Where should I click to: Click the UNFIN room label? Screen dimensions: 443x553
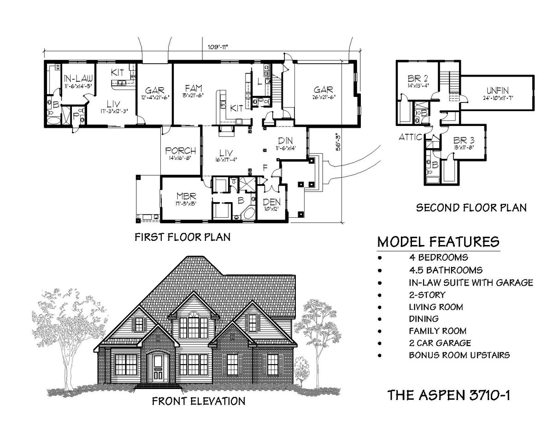click(499, 90)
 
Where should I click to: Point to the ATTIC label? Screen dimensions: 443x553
click(410, 137)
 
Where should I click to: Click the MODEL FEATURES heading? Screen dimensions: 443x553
click(438, 242)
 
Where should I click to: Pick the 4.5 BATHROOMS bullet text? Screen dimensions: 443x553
click(446, 270)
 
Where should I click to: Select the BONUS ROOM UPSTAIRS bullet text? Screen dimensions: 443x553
click(459, 356)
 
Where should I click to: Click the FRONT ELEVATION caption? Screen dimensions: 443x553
click(198, 401)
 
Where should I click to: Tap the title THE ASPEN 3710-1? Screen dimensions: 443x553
click(448, 395)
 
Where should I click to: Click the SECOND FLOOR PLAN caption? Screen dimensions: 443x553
click(471, 208)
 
